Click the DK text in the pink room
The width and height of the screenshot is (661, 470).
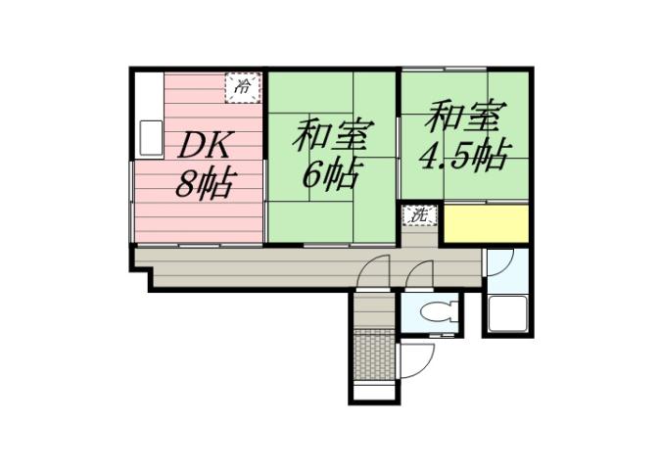(205, 147)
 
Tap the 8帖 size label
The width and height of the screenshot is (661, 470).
(204, 183)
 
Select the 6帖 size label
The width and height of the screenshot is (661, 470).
(327, 174)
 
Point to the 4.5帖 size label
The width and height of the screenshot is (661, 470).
(464, 156)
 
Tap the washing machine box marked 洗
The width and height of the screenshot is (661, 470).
(418, 215)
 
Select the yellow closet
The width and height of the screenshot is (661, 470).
(486, 224)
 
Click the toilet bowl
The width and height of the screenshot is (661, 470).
(432, 314)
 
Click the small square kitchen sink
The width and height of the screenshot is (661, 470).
(150, 137)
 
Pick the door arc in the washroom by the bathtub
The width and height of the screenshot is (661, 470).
(499, 261)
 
